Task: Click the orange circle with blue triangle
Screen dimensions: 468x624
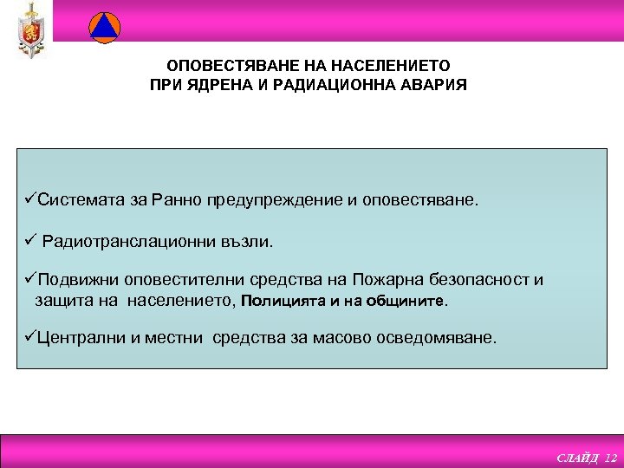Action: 104,27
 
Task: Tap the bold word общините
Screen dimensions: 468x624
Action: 413,302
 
